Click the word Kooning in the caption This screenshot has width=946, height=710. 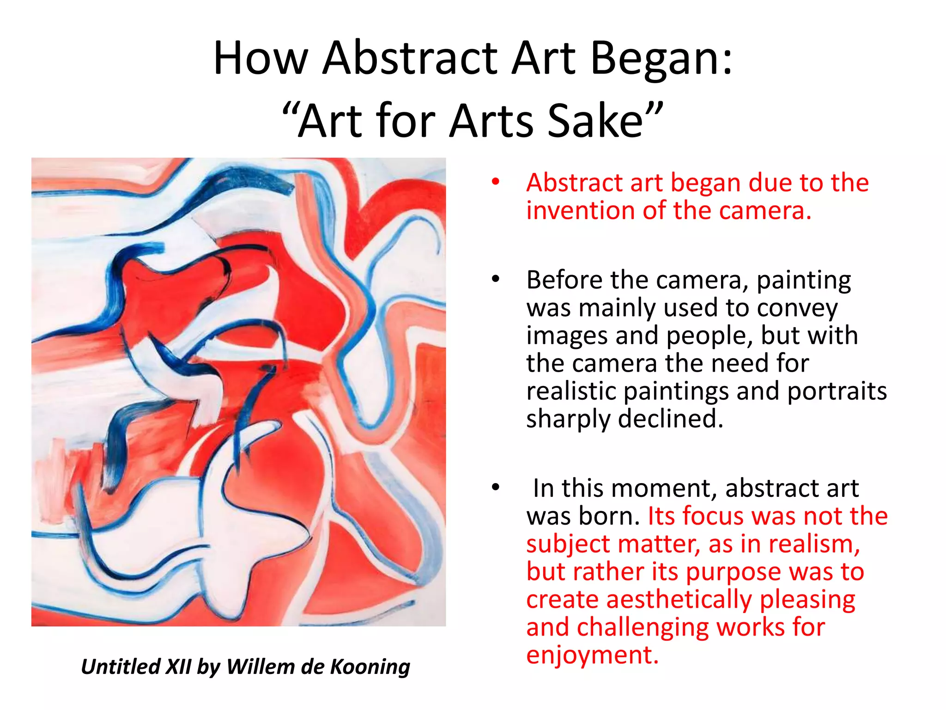click(370, 667)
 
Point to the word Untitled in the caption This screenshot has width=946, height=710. click(120, 667)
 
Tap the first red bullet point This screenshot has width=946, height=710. click(496, 183)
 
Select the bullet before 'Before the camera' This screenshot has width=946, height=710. click(496, 280)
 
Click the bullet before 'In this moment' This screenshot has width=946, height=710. click(496, 488)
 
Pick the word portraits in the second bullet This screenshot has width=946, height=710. click(837, 391)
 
